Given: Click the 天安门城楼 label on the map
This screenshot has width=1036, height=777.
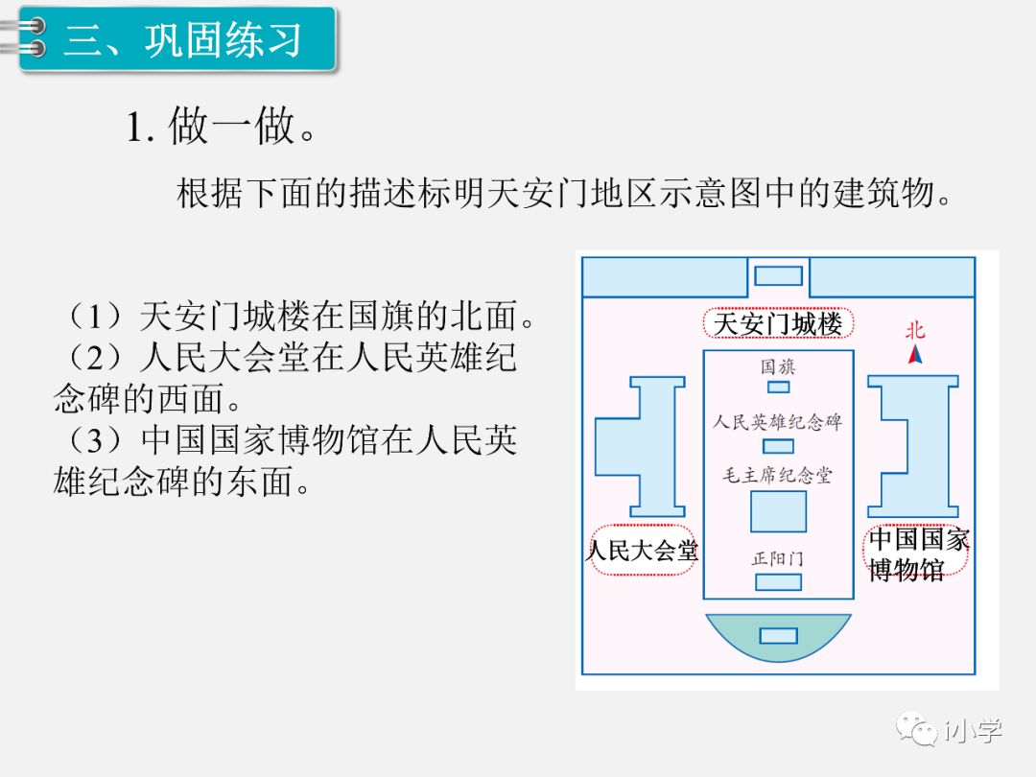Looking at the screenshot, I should pyautogui.click(x=778, y=323).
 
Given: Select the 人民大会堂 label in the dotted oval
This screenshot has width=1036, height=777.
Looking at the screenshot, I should pyautogui.click(x=642, y=551).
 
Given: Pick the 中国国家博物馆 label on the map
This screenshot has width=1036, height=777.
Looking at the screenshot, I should pyautogui.click(x=918, y=553).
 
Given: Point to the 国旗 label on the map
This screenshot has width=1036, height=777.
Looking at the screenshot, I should pyautogui.click(x=778, y=366).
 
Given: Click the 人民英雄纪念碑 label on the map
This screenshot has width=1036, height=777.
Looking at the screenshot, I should pyautogui.click(x=778, y=421).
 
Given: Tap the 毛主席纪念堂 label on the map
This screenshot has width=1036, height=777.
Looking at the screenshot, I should pyautogui.click(x=778, y=475).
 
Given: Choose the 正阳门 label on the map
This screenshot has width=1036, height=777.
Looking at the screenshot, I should pyautogui.click(x=778, y=558).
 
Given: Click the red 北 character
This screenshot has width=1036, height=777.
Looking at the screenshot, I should pyautogui.click(x=915, y=331).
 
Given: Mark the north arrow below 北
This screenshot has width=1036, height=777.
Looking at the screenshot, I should pyautogui.click(x=916, y=355).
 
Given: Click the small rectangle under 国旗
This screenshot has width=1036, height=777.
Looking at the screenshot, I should pyautogui.click(x=778, y=387).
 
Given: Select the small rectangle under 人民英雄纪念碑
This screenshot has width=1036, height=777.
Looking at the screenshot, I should pyautogui.click(x=778, y=446).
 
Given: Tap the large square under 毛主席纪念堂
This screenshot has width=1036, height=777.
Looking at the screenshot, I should pyautogui.click(x=778, y=510).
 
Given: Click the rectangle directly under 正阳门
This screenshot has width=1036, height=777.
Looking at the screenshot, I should pyautogui.click(x=778, y=581).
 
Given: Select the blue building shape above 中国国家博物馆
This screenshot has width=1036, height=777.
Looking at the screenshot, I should pyautogui.click(x=914, y=446).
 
